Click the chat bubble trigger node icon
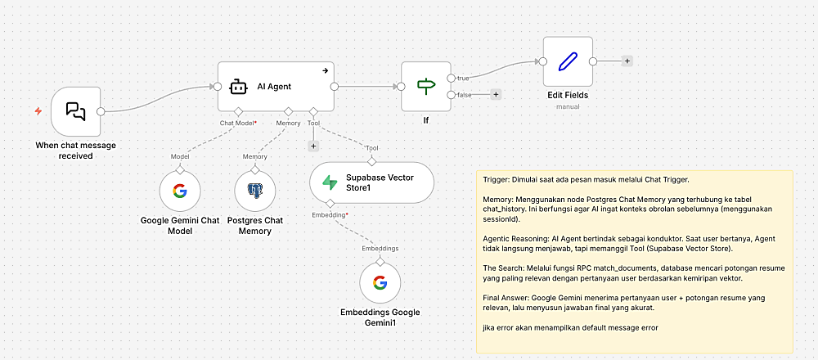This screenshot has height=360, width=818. coord(75,112)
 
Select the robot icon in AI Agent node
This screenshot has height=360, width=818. coord(238,86)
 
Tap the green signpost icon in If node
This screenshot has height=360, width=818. coord(426,86)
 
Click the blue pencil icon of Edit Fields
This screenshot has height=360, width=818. coord(568,61)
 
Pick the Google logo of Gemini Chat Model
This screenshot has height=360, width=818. coord(180,192)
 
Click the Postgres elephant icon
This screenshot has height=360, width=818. coord(254,192)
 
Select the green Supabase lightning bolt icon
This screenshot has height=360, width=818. coord(330,182)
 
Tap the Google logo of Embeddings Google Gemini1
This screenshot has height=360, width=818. coord(380,283)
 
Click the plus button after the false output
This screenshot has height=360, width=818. coord(496,95)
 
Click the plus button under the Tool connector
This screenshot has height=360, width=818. coord(312,146)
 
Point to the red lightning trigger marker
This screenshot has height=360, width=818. coord(38,111)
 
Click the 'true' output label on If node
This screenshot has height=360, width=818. coord(463,79)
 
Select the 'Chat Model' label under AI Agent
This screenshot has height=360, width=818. coord(238,123)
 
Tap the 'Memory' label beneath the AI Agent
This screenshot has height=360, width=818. coord(288,123)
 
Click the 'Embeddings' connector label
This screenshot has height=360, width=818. coord(380,246)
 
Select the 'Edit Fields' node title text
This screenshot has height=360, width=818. coord(568,95)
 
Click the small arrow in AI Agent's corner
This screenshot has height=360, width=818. coord(325,70)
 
